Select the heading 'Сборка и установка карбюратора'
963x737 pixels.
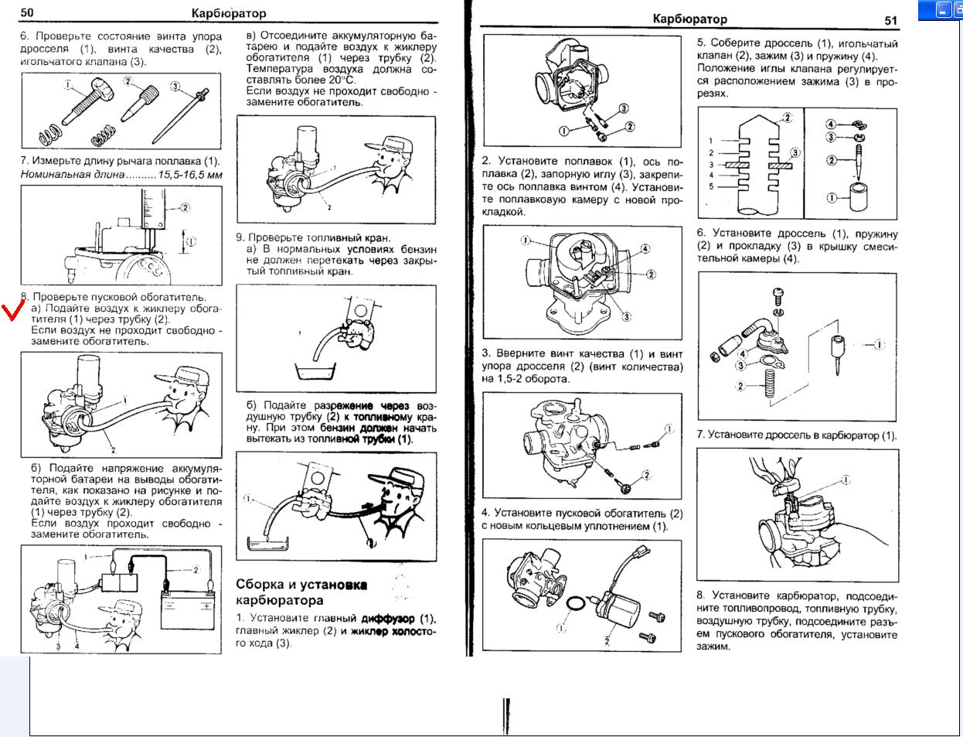[301, 592]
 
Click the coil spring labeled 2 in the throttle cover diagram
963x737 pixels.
[768, 384]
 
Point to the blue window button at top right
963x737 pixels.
[943, 10]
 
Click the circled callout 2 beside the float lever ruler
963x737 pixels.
[185, 207]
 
